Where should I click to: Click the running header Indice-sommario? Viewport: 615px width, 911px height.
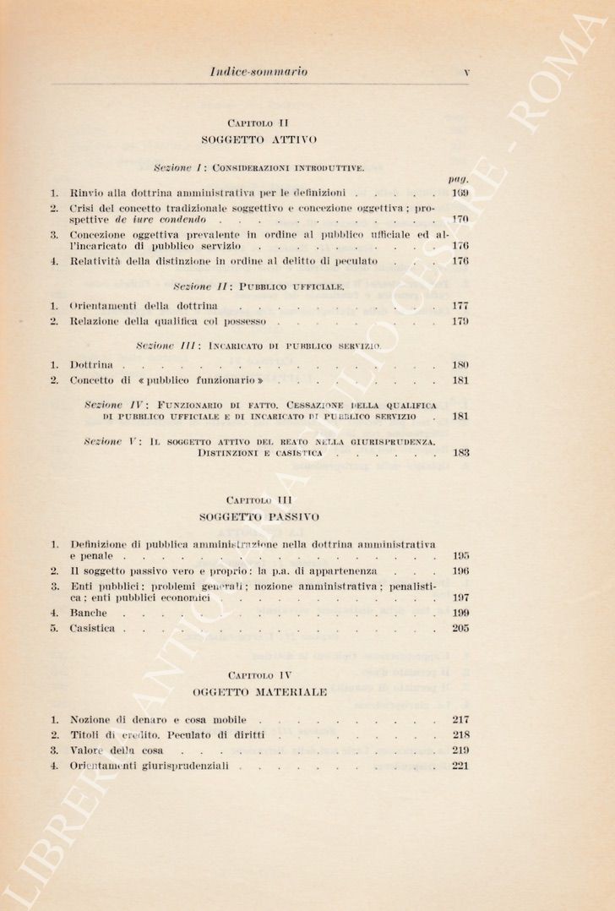click(x=258, y=72)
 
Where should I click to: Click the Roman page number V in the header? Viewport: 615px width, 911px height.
click(x=466, y=73)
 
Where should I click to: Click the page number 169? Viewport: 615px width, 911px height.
click(x=460, y=194)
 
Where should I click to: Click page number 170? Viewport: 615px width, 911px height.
click(x=460, y=219)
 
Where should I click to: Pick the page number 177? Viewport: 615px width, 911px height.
click(x=460, y=305)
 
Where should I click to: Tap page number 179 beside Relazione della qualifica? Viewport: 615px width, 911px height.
click(x=460, y=321)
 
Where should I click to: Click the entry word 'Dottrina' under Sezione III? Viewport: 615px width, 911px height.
click(x=93, y=365)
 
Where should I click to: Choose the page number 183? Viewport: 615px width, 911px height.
click(x=460, y=453)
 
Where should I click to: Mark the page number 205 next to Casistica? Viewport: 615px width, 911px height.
click(x=460, y=629)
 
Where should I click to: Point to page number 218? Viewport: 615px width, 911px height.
click(x=460, y=735)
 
